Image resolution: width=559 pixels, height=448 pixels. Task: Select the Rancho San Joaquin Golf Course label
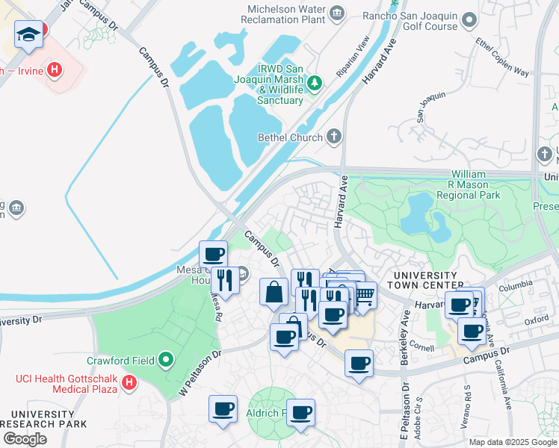click(410, 19)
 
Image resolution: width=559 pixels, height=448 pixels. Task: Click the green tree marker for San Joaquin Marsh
click(315, 81)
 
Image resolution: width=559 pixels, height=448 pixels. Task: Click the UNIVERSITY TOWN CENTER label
click(423, 281)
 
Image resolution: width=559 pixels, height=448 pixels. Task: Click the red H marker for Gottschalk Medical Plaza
click(129, 384)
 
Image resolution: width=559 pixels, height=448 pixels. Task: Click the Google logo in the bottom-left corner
click(25, 439)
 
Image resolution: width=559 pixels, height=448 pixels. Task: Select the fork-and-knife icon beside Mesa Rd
click(224, 280)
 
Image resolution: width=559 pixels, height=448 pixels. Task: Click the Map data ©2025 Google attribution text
click(512, 442)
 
